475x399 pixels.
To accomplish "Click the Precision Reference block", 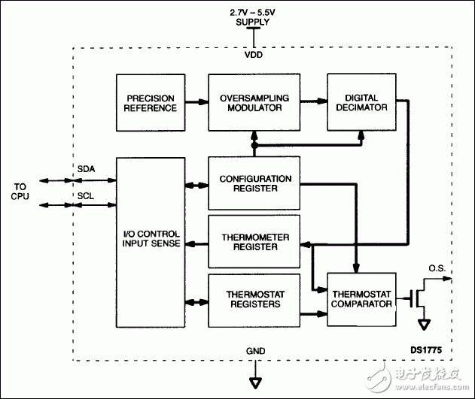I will tap(151, 102).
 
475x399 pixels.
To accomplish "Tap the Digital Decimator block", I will tap(361, 102).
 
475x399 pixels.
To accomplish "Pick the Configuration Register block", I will tap(256, 183).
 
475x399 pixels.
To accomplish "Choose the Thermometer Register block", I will tap(256, 241).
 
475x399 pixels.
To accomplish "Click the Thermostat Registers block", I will tap(256, 298).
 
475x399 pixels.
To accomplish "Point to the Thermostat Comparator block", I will tap(361, 298).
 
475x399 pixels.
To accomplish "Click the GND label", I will tap(256, 351).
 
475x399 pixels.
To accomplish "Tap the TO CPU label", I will tap(20, 191).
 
